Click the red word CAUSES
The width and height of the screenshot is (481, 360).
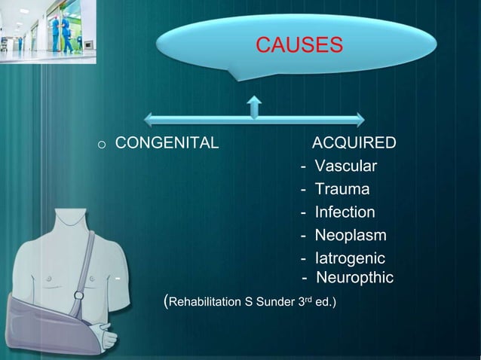[299, 45]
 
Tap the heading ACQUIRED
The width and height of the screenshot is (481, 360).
[354, 143]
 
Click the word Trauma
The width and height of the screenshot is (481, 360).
[342, 189]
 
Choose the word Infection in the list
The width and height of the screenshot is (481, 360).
[345, 212]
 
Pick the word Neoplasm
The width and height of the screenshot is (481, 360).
[350, 236]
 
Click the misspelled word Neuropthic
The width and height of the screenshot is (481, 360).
[354, 278]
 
